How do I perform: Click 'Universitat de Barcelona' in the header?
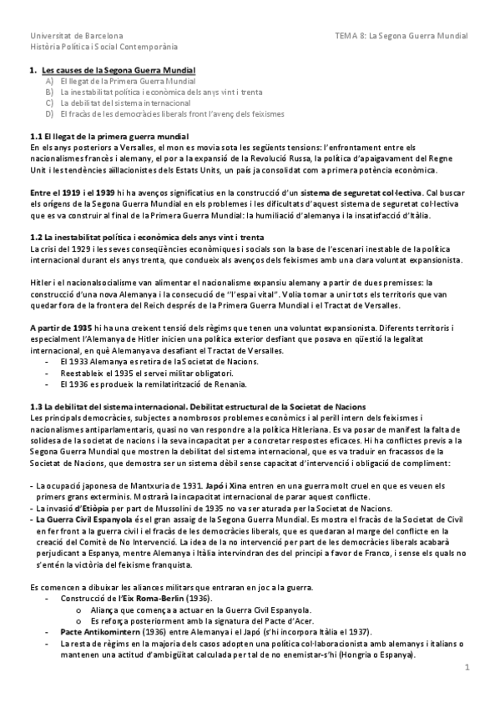click(x=76, y=37)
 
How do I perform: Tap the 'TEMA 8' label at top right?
click(x=351, y=37)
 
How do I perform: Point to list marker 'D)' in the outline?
click(x=50, y=113)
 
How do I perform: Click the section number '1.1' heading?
click(x=36, y=135)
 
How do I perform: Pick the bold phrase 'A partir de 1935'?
click(x=59, y=326)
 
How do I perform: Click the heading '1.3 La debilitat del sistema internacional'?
click(x=125, y=405)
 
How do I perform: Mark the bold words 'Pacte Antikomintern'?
click(x=98, y=632)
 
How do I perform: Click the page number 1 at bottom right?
click(x=468, y=666)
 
